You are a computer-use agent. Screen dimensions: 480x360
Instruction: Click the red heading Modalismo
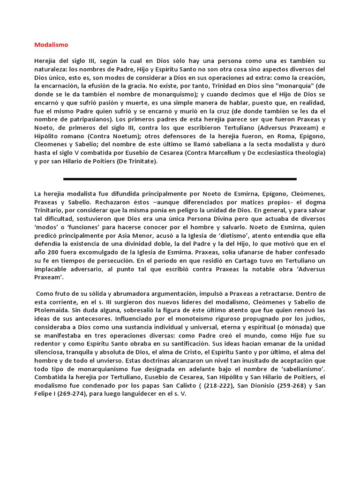51,45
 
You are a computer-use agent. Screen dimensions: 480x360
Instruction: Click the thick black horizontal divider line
180,179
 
